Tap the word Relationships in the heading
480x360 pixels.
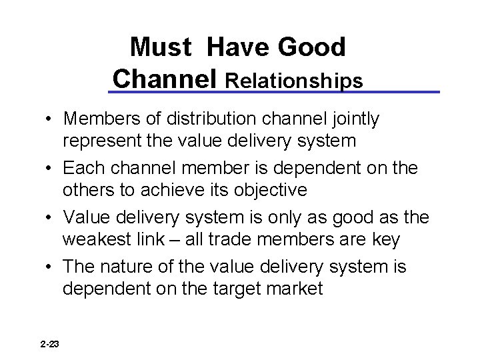[295, 80]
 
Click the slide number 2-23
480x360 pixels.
[49, 343]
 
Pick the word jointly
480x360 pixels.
[355, 119]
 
